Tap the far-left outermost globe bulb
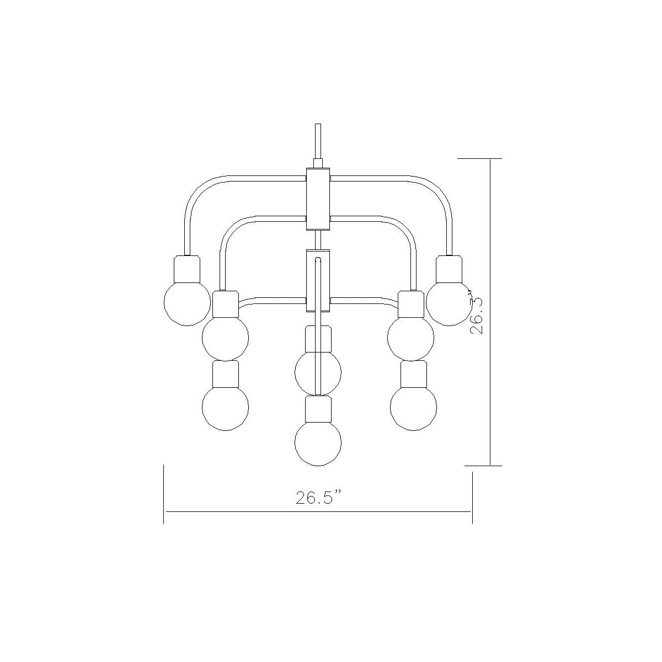tap(187, 302)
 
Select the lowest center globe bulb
tap(318, 442)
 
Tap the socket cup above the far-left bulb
tap(187, 269)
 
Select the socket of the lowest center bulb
tap(318, 409)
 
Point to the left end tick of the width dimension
tap(164, 494)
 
